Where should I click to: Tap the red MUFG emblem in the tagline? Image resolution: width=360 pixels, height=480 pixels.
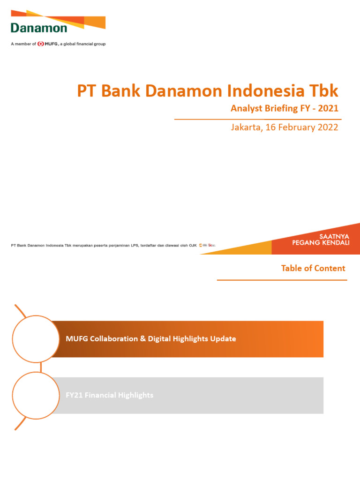coord(41,44)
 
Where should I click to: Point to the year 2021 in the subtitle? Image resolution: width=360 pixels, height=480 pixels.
coord(328,109)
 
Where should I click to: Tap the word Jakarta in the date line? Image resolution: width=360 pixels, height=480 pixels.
coord(246,127)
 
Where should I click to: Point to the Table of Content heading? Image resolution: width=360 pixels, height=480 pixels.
coord(313,268)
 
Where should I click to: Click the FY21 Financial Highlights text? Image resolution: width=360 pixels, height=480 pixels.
coord(109,395)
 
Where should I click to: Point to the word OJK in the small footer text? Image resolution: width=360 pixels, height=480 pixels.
coord(192,245)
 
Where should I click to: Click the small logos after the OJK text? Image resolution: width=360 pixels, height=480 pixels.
coord(207,245)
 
